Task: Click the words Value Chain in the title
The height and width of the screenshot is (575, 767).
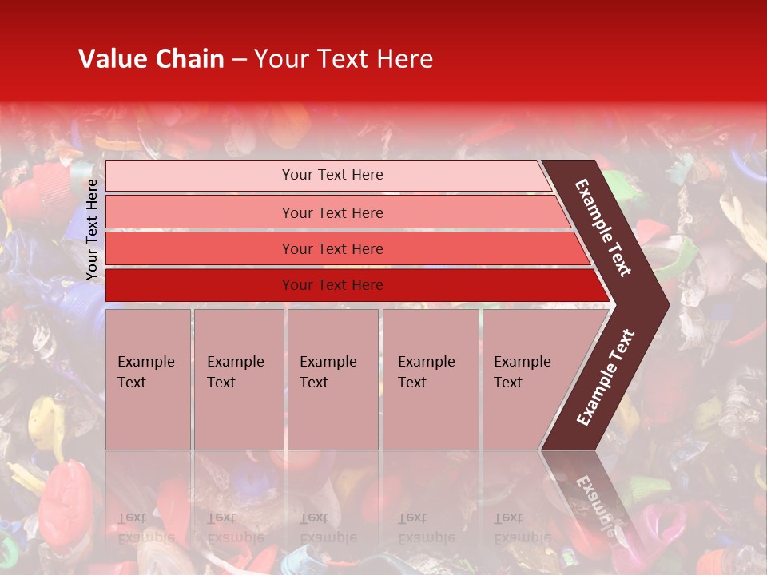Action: pyautogui.click(x=151, y=59)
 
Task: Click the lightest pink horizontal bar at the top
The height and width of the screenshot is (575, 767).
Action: pyautogui.click(x=200, y=176)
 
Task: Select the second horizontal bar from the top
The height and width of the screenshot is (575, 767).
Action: pyautogui.click(x=200, y=212)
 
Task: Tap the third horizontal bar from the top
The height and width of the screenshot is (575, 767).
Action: pyautogui.click(x=200, y=248)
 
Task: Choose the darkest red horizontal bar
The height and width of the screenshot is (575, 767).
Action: pyautogui.click(x=200, y=285)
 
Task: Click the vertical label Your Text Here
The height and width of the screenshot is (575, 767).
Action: pyautogui.click(x=92, y=229)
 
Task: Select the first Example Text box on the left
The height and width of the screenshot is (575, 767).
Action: pyautogui.click(x=148, y=379)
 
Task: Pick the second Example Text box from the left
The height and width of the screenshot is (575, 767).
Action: pyautogui.click(x=238, y=379)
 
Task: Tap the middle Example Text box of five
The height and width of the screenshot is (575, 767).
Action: pyautogui.click(x=332, y=379)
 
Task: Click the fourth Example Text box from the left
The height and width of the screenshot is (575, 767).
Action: pyautogui.click(x=431, y=379)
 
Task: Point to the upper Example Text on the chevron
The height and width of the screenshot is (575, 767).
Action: pyautogui.click(x=603, y=228)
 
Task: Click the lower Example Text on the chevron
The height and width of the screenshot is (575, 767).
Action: pyautogui.click(x=606, y=377)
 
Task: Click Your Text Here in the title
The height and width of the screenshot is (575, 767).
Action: pyautogui.click(x=344, y=59)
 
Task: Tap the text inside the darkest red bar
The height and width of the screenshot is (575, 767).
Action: pyautogui.click(x=332, y=285)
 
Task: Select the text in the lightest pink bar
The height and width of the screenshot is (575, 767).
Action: pyautogui.click(x=332, y=175)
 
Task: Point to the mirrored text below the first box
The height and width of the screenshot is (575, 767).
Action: pyautogui.click(x=146, y=527)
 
